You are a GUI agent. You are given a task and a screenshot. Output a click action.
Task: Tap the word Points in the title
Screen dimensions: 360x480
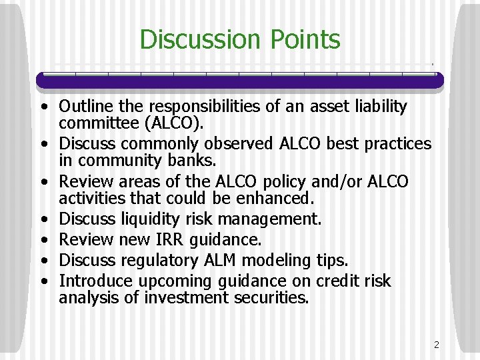pyautogui.click(x=305, y=39)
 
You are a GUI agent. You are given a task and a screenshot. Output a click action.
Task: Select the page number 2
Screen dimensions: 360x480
pyautogui.click(x=436, y=345)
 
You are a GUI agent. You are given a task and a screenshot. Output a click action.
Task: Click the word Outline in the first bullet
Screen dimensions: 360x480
pyautogui.click(x=85, y=107)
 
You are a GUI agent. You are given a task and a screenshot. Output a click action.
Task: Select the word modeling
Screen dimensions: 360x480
pyautogui.click(x=263, y=259)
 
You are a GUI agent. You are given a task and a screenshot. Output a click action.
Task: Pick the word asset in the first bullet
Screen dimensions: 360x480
pyautogui.click(x=295, y=107)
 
